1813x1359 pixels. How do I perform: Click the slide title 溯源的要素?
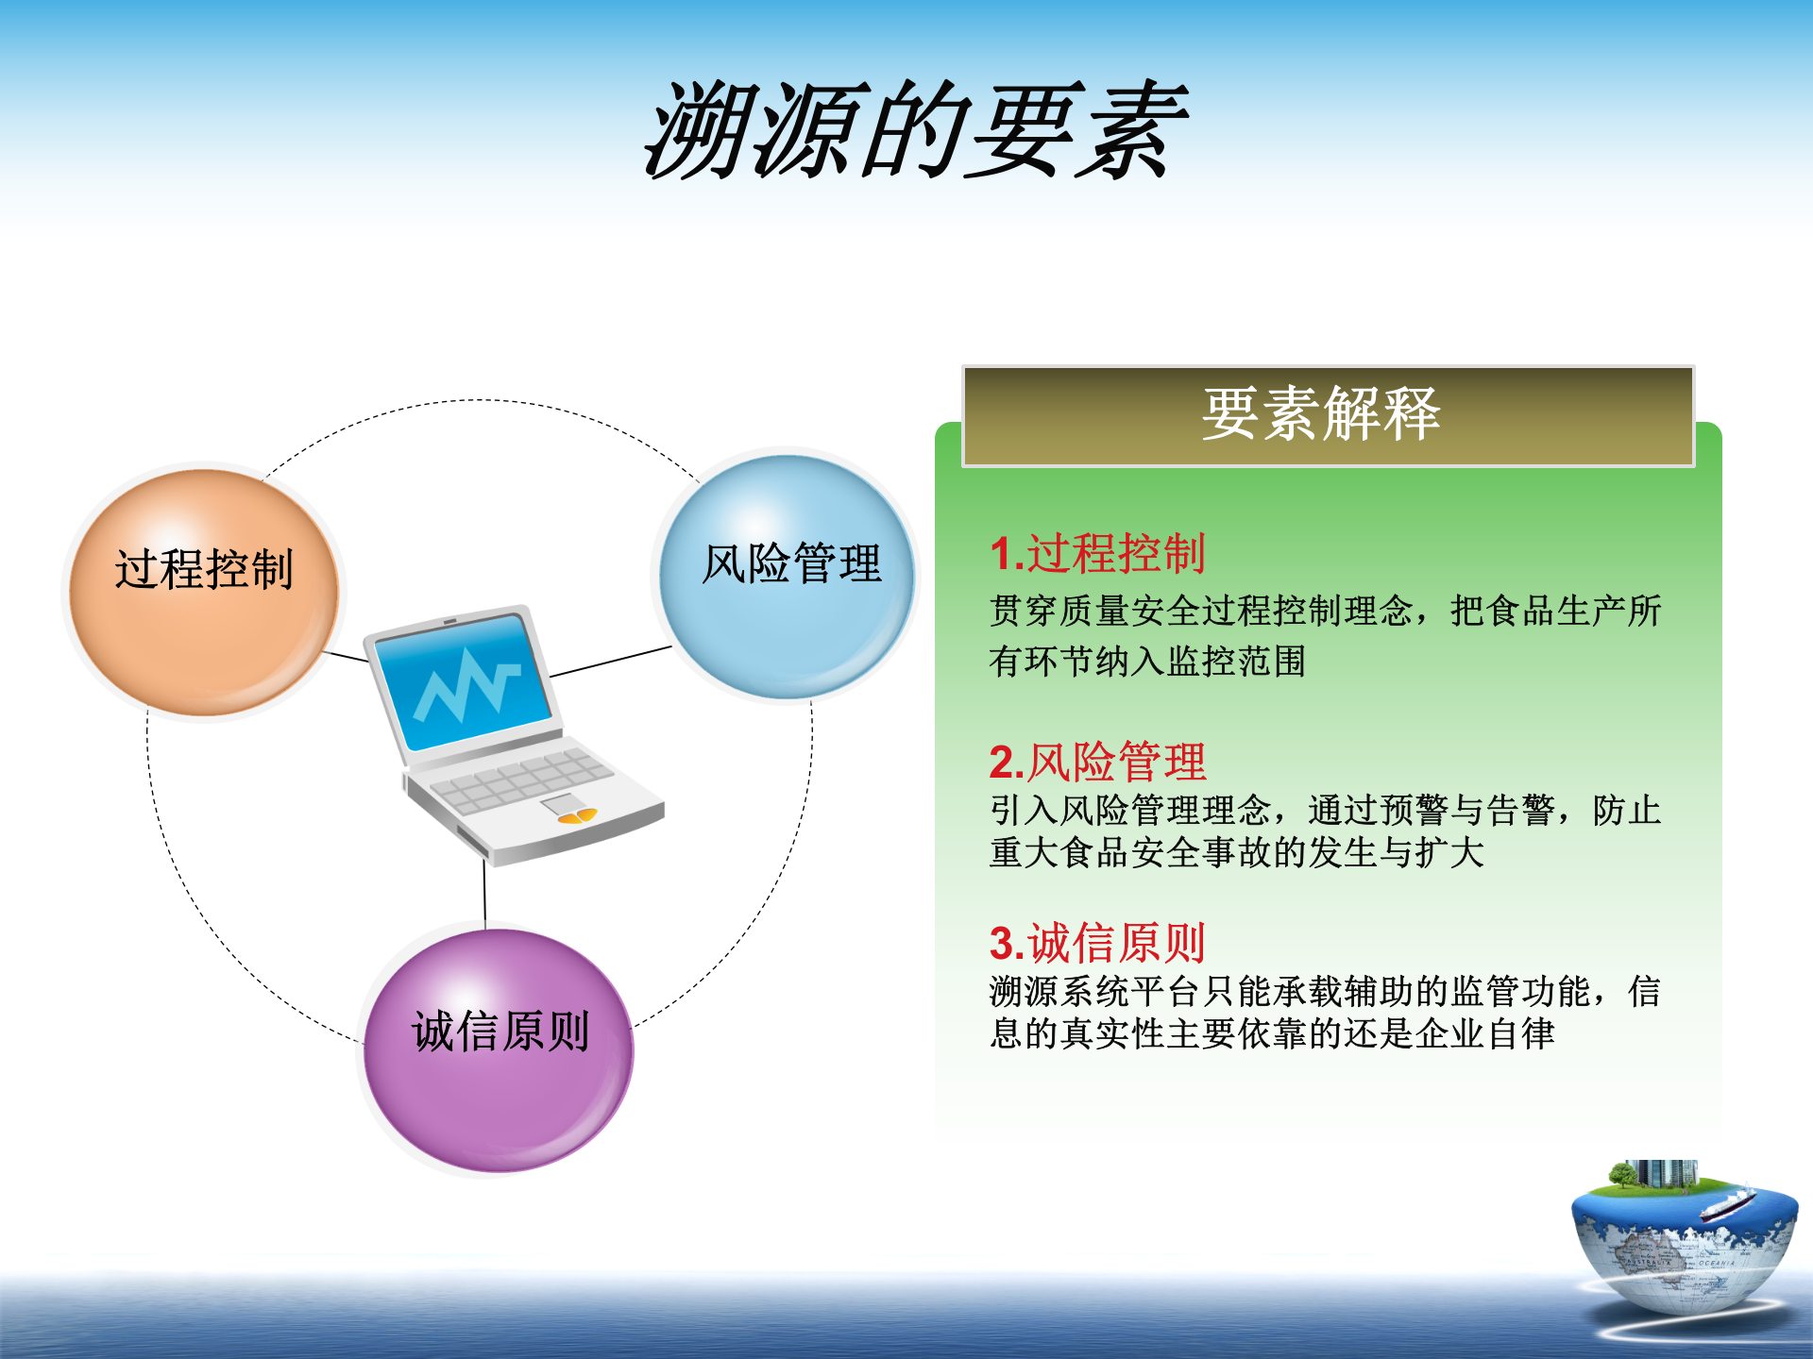tap(914, 132)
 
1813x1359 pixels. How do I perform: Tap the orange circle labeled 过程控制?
tap(203, 593)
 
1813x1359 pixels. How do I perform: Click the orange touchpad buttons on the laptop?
tap(577, 816)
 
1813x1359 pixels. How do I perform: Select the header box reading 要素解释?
tap(1328, 416)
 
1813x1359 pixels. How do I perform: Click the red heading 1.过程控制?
tap(1097, 553)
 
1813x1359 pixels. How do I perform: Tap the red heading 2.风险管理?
tap(1097, 762)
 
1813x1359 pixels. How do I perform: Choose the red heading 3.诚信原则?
tap(1097, 942)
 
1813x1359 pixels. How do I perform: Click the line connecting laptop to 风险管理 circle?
tap(611, 662)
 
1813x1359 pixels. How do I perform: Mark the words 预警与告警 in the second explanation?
tap(1467, 810)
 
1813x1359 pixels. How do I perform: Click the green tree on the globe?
tap(1622, 1176)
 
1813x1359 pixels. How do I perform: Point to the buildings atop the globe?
tap(1667, 1173)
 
